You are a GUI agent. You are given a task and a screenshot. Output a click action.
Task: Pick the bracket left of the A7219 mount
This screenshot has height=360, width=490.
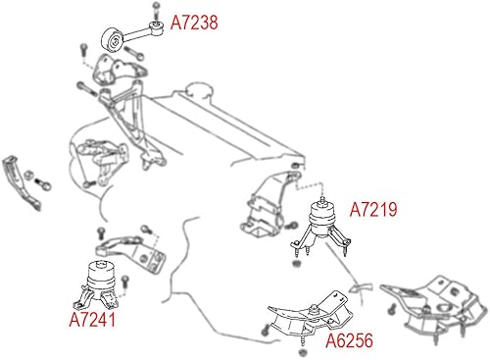point(263,208)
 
